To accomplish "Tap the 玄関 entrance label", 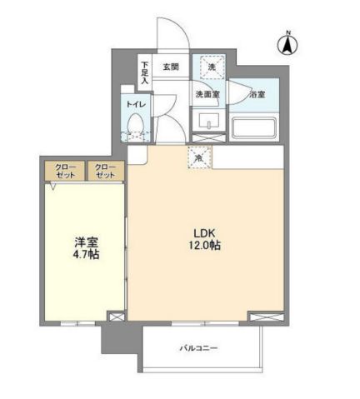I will click(x=171, y=67).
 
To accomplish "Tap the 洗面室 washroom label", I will click(x=207, y=94).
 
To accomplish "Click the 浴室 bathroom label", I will click(x=258, y=95).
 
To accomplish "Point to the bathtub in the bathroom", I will click(x=257, y=127).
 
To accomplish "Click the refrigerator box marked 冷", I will click(x=200, y=156).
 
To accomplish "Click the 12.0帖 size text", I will click(x=204, y=247).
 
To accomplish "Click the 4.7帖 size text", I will click(x=82, y=255).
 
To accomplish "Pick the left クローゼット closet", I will click(x=65, y=171).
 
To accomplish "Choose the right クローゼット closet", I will click(x=104, y=171).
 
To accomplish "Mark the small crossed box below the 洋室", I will click(x=117, y=317).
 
